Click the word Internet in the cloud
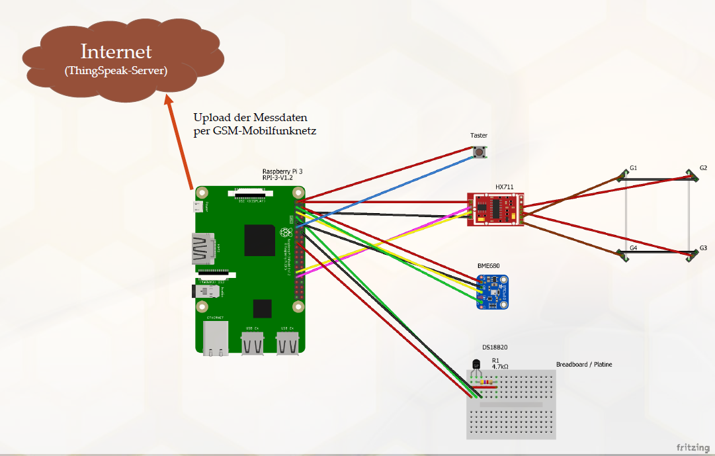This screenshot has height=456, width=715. (x=116, y=52)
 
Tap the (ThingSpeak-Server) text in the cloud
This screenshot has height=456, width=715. (x=116, y=69)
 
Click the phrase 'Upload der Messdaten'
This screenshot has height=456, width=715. (x=250, y=118)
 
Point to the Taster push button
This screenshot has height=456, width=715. (x=479, y=152)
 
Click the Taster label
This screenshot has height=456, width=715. (x=479, y=136)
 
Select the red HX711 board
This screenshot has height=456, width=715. (x=495, y=208)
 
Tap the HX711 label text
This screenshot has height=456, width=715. (x=504, y=187)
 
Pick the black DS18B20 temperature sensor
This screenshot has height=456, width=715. (x=476, y=365)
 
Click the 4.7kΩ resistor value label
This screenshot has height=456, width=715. (x=500, y=367)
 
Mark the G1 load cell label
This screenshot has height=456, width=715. (x=633, y=168)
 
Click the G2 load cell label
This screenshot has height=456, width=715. (x=703, y=168)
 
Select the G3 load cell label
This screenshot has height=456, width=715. (x=703, y=248)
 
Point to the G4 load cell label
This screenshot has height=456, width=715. (x=633, y=248)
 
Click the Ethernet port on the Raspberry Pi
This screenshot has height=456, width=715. (x=216, y=338)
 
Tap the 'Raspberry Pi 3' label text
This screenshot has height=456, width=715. (x=282, y=171)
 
